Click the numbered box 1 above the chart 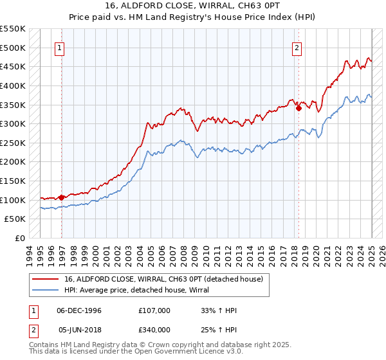pyautogui.click(x=59, y=47)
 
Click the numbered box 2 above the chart pyautogui.click(x=297, y=47)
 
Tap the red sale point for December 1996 pyautogui.click(x=62, y=197)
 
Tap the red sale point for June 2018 pyautogui.click(x=299, y=109)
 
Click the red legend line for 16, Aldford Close pyautogui.click(x=46, y=280)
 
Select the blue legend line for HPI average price pyautogui.click(x=46, y=290)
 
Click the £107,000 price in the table pyautogui.click(x=154, y=310)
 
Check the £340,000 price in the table pyautogui.click(x=154, y=330)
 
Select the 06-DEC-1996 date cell pyautogui.click(x=79, y=310)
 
